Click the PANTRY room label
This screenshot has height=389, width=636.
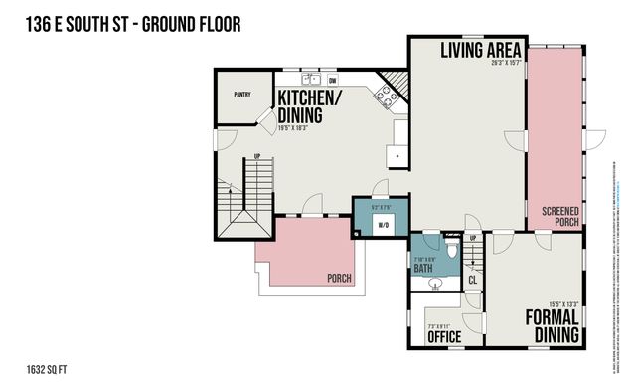241,96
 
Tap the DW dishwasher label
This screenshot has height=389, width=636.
333,80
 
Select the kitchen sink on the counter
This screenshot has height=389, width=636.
311,79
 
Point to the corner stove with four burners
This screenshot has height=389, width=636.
383,95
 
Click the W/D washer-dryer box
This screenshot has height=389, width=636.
382,226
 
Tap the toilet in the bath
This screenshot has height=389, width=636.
451,249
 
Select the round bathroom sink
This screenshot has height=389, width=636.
434,284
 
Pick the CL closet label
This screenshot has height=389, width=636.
472,280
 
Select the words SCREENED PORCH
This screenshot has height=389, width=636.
560,216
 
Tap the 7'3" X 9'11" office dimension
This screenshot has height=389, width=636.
438,326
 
